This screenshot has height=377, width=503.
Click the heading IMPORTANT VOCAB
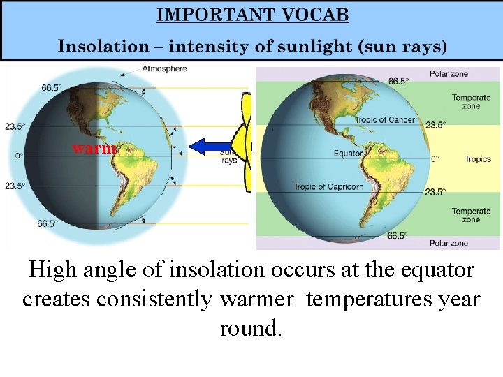tap(252, 14)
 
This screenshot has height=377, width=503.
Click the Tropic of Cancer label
tap(384, 120)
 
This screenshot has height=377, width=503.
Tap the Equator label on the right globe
tap(347, 153)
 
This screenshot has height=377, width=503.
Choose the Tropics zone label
tap(478, 159)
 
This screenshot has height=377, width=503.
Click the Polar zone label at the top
tap(449, 73)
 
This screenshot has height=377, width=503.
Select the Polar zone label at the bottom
tap(449, 243)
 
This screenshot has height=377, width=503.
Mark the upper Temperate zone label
tap(470, 102)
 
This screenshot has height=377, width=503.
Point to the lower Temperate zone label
tap(470, 215)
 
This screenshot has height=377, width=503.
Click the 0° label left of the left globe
tap(20, 156)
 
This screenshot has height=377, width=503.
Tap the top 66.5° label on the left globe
tap(51, 88)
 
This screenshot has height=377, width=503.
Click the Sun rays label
tap(228, 156)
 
